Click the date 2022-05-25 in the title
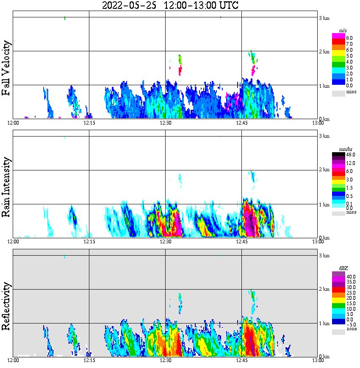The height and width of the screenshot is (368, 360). click(130, 6)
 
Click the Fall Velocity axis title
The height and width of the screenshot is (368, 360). click(6, 68)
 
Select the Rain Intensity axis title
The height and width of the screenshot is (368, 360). click(6, 187)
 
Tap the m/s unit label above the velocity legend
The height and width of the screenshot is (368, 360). click(343, 30)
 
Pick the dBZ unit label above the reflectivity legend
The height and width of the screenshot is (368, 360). click(343, 269)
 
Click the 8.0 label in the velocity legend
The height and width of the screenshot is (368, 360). click(349, 38)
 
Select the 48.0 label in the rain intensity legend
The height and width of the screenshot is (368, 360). click(350, 155)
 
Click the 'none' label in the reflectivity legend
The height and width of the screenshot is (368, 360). click(351, 329)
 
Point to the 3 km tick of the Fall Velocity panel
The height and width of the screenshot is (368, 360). click(324, 18)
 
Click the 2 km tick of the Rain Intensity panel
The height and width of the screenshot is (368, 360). click(324, 170)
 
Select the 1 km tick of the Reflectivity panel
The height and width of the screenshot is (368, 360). click(324, 323)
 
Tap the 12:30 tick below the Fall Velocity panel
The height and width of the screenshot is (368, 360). click(165, 123)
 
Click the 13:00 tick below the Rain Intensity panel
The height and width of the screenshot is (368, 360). click(318, 242)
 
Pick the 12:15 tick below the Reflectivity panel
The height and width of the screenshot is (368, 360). click(89, 360)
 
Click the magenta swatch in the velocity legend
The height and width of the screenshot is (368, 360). click(338, 36)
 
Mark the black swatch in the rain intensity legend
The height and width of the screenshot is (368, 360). click(338, 155)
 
